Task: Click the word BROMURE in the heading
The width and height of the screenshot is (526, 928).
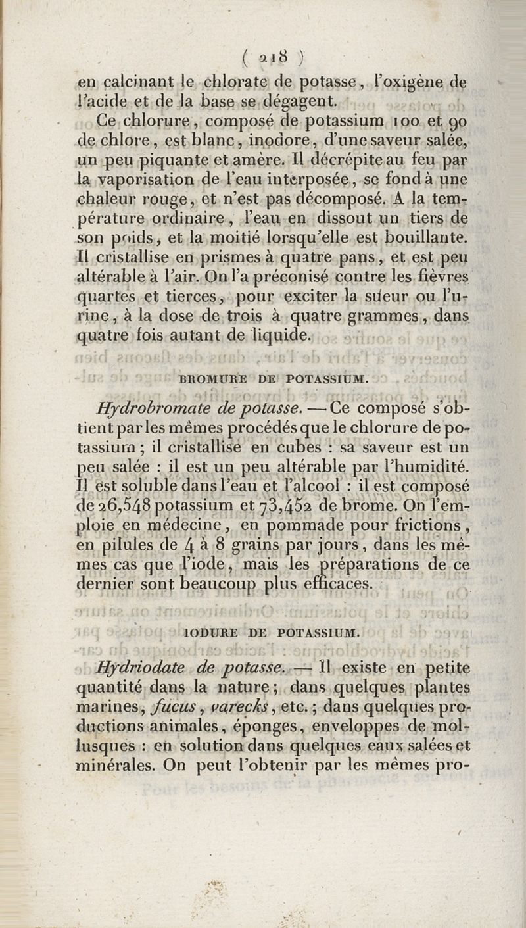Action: (208, 379)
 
